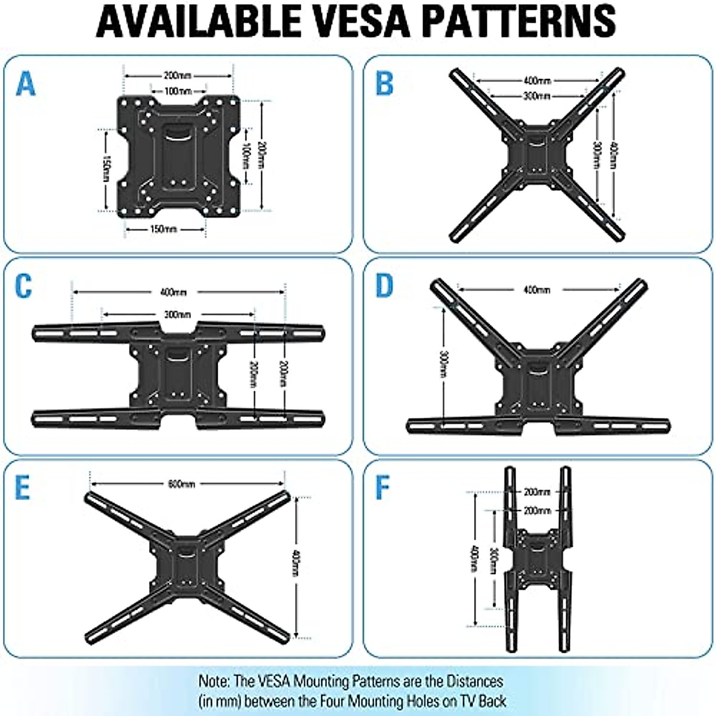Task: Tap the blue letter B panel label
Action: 385,84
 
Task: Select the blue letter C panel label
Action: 23,286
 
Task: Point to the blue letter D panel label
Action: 385,286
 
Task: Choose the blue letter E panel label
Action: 23,487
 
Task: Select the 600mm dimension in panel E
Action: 181,484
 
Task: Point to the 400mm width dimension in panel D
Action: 536,290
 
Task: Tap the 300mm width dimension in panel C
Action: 177,314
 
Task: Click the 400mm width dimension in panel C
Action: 173,292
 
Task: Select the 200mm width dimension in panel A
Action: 177,76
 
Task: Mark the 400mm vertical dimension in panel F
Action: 475,559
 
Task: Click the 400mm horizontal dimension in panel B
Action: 537,80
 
